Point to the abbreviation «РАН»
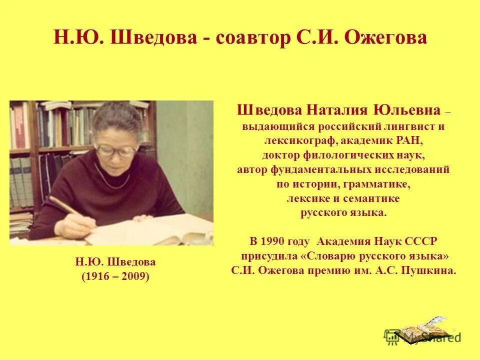point(412,141)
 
